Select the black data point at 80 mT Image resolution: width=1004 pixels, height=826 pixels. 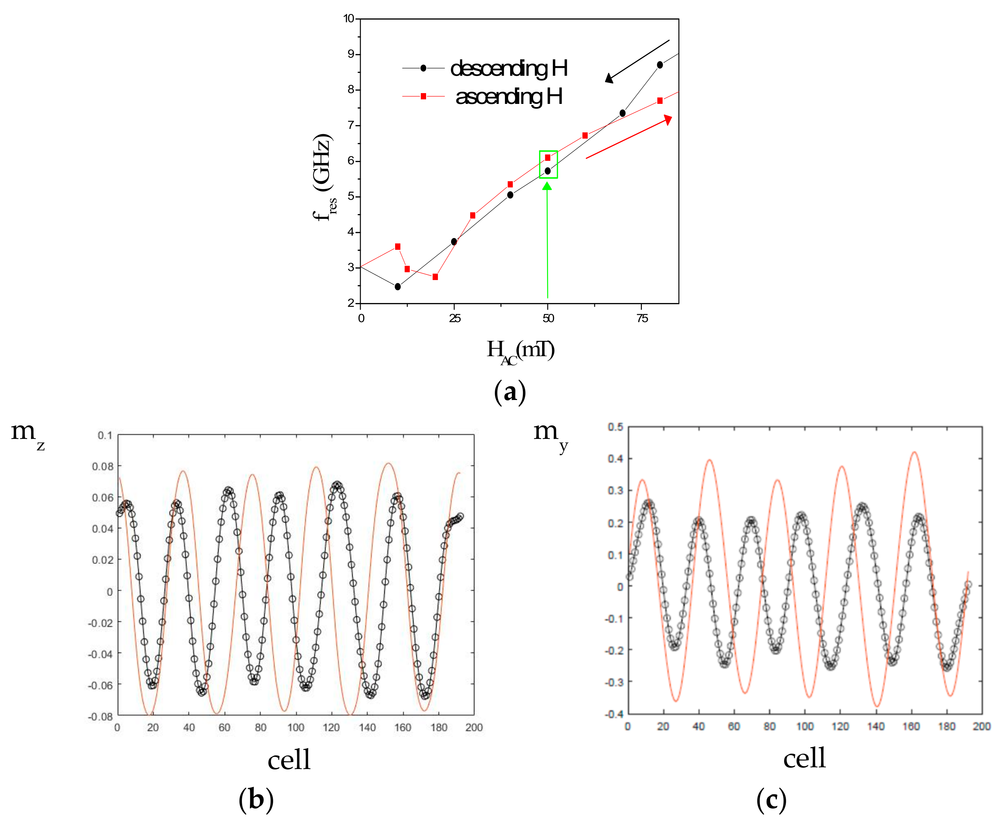tap(660, 65)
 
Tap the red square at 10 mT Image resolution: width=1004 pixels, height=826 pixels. tap(398, 246)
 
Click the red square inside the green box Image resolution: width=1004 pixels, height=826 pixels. tap(547, 157)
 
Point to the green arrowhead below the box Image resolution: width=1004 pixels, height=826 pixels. tap(547, 186)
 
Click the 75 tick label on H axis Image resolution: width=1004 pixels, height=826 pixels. tap(642, 319)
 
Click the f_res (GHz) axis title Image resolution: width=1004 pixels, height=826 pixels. tap(324, 176)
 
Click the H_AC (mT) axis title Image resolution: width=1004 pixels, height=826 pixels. tap(520, 351)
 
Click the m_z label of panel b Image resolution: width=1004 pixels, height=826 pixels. tap(27, 434)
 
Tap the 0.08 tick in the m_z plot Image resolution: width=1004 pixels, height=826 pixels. tap(103, 466)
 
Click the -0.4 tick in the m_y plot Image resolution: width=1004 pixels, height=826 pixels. tap(614, 714)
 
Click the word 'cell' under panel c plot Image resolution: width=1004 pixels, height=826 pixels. tap(804, 758)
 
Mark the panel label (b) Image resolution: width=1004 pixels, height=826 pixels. tap(256, 799)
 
